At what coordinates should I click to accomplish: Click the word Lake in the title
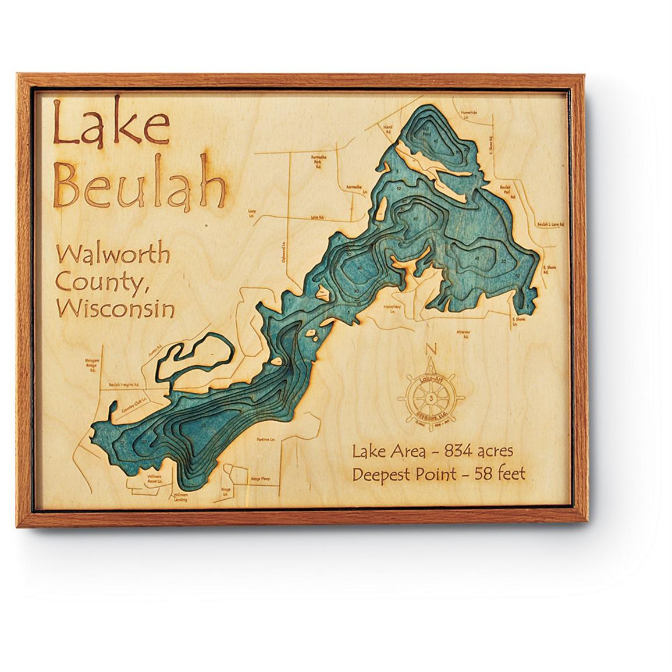point(111,125)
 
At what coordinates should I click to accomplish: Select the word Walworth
point(113,255)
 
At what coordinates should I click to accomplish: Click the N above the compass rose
point(431,349)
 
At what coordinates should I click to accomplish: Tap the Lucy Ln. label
point(252,212)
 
